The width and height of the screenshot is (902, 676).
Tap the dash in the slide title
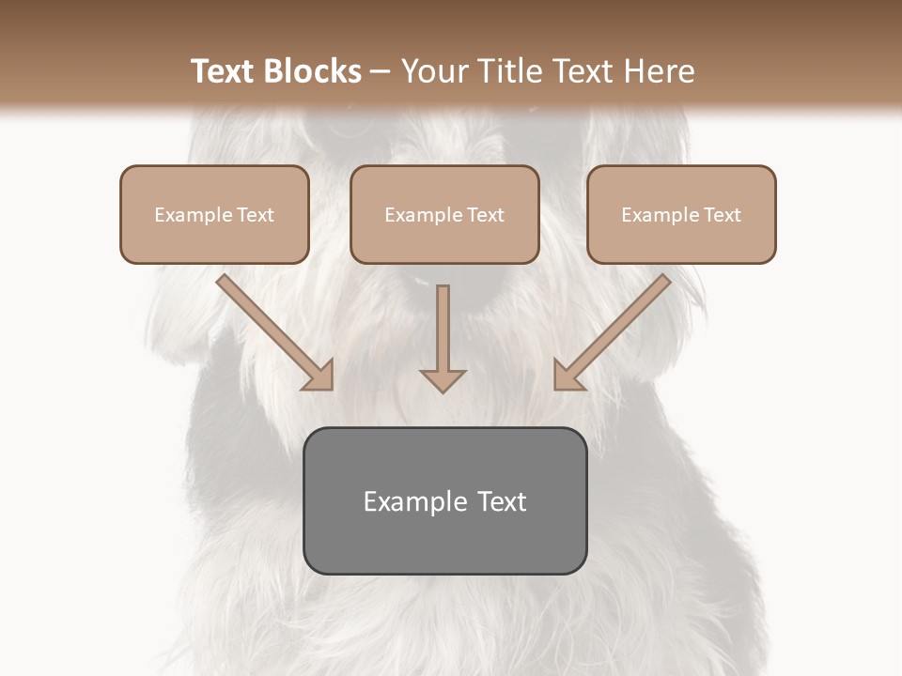[x=381, y=71]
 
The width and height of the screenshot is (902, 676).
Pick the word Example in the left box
[x=192, y=215]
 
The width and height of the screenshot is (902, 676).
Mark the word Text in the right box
[x=723, y=215]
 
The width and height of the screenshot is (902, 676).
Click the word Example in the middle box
[x=422, y=215]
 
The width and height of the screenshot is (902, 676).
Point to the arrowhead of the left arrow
[x=319, y=376]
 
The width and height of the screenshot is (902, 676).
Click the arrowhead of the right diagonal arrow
[x=567, y=376]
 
